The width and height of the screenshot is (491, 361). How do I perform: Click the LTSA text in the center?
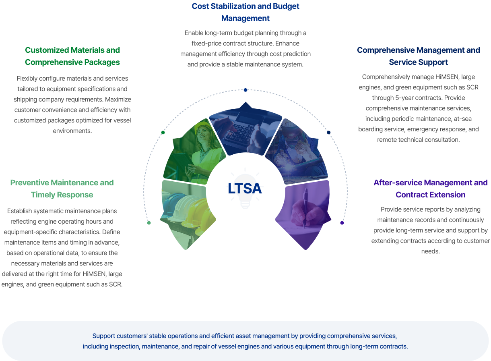(x=245, y=189)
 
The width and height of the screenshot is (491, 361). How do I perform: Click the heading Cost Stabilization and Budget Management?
(x=245, y=12)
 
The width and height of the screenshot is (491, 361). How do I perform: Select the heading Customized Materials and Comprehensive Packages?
(x=72, y=56)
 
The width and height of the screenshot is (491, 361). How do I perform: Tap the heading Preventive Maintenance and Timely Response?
(x=62, y=189)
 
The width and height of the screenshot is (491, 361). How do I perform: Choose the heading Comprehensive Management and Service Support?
(x=418, y=56)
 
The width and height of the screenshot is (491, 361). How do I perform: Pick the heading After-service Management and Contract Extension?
(x=430, y=189)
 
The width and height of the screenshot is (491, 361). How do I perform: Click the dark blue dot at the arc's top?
(x=245, y=90)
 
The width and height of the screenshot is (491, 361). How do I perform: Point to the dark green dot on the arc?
(x=163, y=133)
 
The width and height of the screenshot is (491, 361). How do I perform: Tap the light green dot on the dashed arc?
(x=149, y=223)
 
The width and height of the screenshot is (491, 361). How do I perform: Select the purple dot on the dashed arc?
(x=342, y=223)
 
